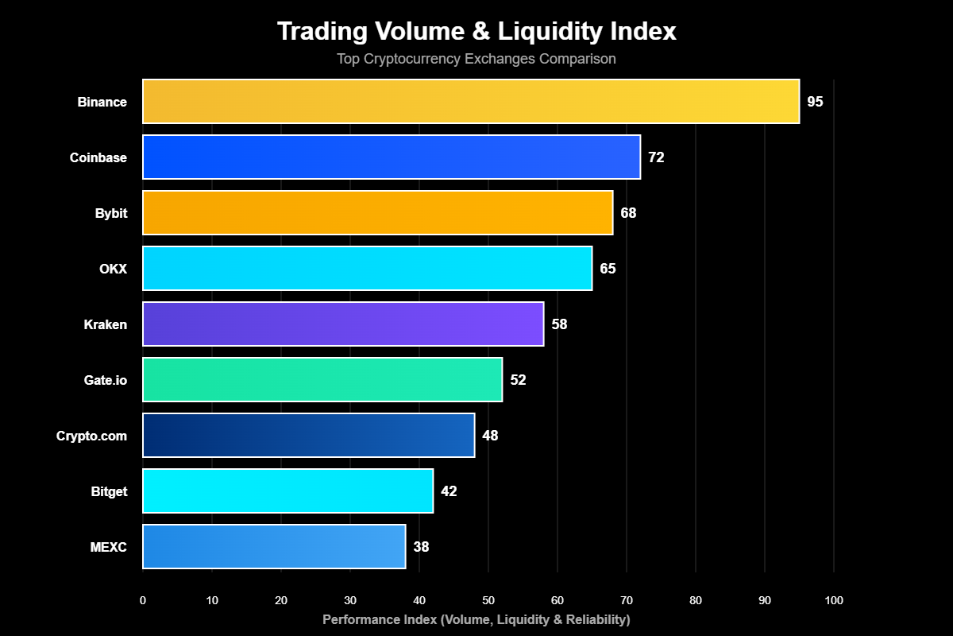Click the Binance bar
click(x=471, y=102)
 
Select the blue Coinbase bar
click(x=392, y=157)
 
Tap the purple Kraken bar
click(x=343, y=324)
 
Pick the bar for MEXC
click(x=274, y=547)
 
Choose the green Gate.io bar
click(x=322, y=380)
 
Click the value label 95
click(x=815, y=102)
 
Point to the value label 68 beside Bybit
click(x=628, y=213)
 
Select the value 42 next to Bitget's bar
click(x=449, y=491)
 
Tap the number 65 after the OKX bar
click(x=608, y=269)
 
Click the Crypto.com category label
click(x=91, y=436)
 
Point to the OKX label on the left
click(x=113, y=269)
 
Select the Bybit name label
click(x=110, y=213)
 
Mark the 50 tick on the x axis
click(x=488, y=601)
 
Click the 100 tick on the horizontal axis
click(x=834, y=601)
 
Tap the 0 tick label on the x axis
click(x=143, y=601)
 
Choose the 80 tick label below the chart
click(x=696, y=601)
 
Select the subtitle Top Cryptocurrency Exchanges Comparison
click(x=476, y=59)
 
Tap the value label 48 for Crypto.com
click(x=490, y=436)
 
